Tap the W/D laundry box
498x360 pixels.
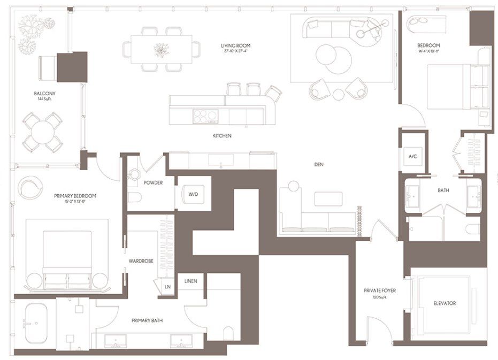pyautogui.click(x=193, y=194)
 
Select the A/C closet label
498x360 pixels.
pyautogui.click(x=412, y=157)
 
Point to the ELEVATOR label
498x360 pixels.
pyautogui.click(x=445, y=303)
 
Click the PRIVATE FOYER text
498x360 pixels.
pyautogui.click(x=380, y=293)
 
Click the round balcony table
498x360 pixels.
pyautogui.click(x=42, y=132)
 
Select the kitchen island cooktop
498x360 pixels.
pyautogui.click(x=205, y=116)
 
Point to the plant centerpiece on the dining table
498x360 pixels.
pyautogui.click(x=161, y=50)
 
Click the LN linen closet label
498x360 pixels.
pyautogui.click(x=168, y=287)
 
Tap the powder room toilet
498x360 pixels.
pyautogui.click(x=134, y=198)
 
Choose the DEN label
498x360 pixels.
pyautogui.click(x=319, y=164)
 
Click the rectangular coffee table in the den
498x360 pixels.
pyautogui.click(x=328, y=198)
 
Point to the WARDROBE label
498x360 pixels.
pyautogui.click(x=142, y=261)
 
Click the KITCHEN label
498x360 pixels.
pyautogui.click(x=222, y=136)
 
